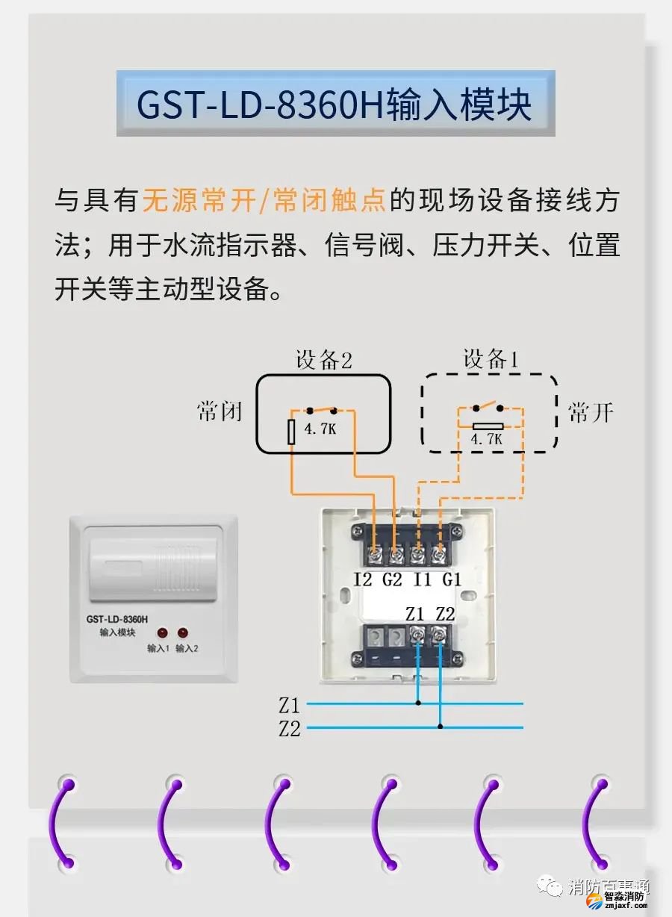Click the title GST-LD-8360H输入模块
click(x=335, y=105)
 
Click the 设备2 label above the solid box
click(x=323, y=361)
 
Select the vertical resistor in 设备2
click(x=293, y=431)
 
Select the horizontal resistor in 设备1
click(x=487, y=426)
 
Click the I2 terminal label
click(x=363, y=579)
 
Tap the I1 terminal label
click(x=423, y=579)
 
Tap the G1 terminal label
click(x=452, y=579)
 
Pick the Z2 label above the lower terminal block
click(x=445, y=614)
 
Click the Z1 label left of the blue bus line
click(x=289, y=704)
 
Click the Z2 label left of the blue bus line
click(x=289, y=728)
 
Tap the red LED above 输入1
click(x=161, y=632)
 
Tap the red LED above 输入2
click(x=184, y=632)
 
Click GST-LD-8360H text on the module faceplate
click(x=116, y=619)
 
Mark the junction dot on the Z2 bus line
click(x=441, y=727)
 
